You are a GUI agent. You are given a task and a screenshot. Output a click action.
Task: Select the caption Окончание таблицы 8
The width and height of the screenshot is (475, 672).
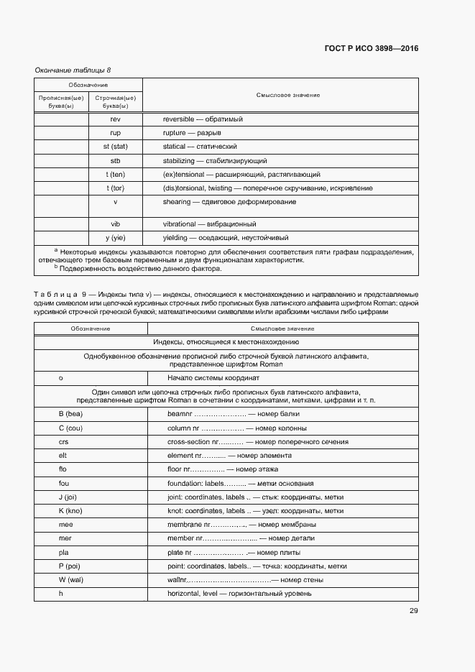tap(73, 70)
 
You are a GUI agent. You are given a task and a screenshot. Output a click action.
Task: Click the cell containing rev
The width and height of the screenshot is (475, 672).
tap(115, 119)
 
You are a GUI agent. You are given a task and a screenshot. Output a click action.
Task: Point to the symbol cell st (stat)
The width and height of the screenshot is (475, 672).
tap(115, 147)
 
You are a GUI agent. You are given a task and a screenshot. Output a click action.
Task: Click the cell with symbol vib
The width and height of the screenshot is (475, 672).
tap(115, 224)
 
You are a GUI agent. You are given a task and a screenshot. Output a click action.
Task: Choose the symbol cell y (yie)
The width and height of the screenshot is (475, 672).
tap(115, 238)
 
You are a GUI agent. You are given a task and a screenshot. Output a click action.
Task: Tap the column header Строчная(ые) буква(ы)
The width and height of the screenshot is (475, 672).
tap(115, 101)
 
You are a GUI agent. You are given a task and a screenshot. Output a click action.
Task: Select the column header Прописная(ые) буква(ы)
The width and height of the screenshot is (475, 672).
tap(61, 101)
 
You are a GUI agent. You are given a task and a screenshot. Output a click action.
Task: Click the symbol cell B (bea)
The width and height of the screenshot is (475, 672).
tap(71, 414)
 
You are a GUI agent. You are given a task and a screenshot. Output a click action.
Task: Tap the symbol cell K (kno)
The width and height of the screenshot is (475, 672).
tap(71, 511)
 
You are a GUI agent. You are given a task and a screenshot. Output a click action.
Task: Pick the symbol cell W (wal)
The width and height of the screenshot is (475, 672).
tap(72, 580)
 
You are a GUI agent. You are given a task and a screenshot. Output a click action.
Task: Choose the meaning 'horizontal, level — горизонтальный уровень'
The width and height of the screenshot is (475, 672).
tap(239, 594)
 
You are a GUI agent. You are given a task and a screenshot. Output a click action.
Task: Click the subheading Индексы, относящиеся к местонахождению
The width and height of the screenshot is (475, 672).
tap(226, 342)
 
